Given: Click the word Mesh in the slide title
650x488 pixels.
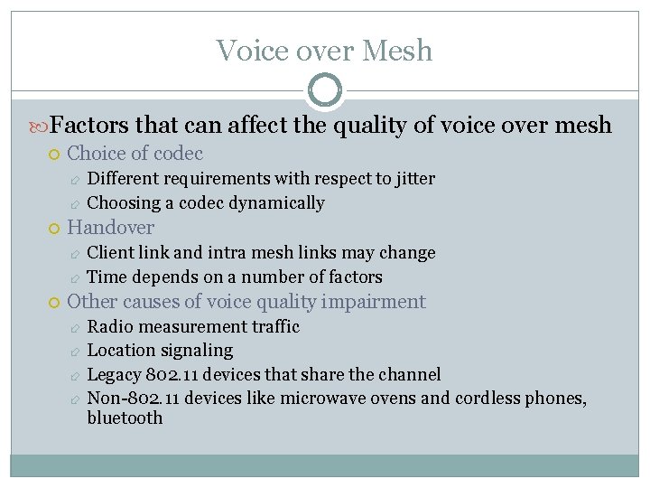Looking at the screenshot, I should (397, 51).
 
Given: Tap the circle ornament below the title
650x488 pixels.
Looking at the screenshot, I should (325, 89).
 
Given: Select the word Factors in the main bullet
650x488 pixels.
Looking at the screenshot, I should (88, 125).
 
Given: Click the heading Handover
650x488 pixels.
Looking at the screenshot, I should (111, 228).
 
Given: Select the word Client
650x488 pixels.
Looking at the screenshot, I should (109, 253).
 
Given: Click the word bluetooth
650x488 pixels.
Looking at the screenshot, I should (125, 418).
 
